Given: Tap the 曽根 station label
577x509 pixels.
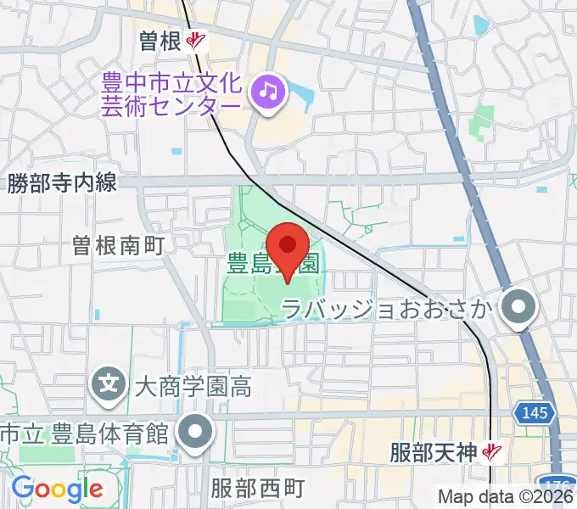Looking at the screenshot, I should click(161, 40).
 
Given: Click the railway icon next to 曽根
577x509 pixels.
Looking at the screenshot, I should click(197, 40).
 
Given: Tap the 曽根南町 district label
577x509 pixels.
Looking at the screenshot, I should click(118, 246).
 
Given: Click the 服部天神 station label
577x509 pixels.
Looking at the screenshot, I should click(436, 452).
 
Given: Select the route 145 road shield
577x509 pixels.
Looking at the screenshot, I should click(535, 413).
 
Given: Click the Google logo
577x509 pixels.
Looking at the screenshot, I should click(57, 489).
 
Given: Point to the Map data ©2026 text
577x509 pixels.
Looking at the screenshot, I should click(506, 497).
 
